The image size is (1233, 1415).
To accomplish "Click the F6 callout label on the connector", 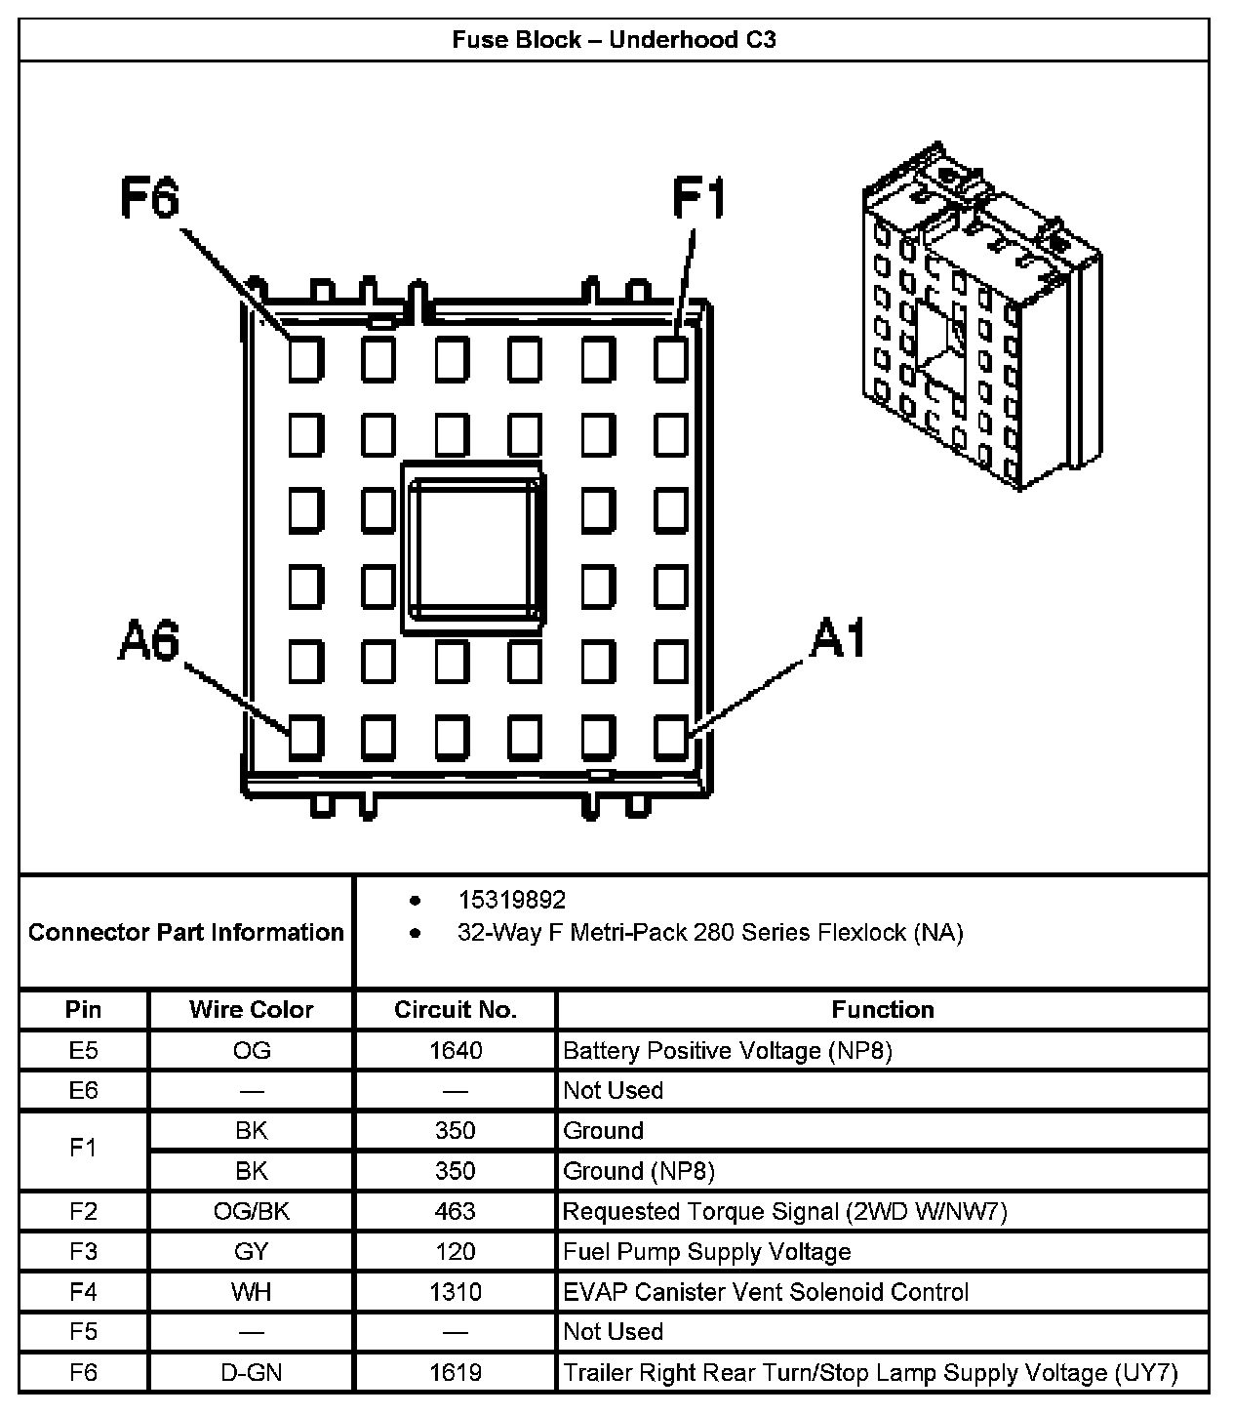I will pyautogui.click(x=150, y=199).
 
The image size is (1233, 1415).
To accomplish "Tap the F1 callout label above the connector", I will pyautogui.click(x=699, y=199).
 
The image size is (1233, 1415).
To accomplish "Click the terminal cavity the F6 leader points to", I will pyautogui.click(x=305, y=359).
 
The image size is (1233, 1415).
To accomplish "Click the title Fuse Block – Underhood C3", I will pyautogui.click(x=614, y=40).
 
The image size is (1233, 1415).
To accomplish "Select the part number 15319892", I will pyautogui.click(x=511, y=900).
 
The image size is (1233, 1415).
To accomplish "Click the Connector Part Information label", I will pyautogui.click(x=185, y=932).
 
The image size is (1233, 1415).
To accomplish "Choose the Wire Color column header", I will pyautogui.click(x=251, y=1009).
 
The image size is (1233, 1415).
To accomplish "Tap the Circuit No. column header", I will pyautogui.click(x=455, y=1009).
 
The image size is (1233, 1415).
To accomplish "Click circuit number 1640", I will pyautogui.click(x=455, y=1050).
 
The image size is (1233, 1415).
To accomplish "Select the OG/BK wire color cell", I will pyautogui.click(x=251, y=1211).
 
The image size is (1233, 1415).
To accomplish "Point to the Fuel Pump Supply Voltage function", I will pyautogui.click(x=707, y=1251).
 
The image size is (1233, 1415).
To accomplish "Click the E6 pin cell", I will pyautogui.click(x=84, y=1090).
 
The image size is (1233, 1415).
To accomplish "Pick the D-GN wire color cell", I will pyautogui.click(x=251, y=1372).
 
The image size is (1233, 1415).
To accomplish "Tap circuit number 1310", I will pyautogui.click(x=455, y=1292).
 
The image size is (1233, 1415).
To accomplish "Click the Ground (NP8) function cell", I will pyautogui.click(x=639, y=1170).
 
